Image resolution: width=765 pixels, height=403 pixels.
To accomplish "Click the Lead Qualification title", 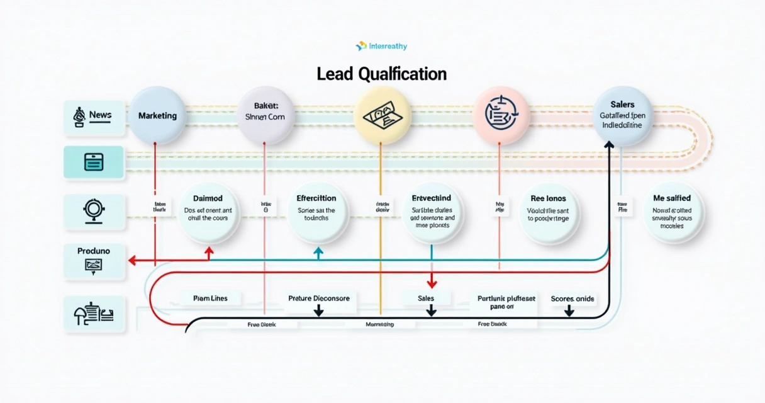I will click(381, 74).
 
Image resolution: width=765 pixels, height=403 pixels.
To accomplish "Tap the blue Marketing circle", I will click(157, 116).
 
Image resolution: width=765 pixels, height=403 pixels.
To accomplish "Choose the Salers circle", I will click(622, 116).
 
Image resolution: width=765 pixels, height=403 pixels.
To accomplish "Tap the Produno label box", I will click(94, 260).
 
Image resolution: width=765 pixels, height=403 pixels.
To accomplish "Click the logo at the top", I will click(381, 46).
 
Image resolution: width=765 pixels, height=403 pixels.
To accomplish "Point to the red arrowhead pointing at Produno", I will click(132, 259).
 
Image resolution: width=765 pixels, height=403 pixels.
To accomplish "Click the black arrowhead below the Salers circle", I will click(608, 145).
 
